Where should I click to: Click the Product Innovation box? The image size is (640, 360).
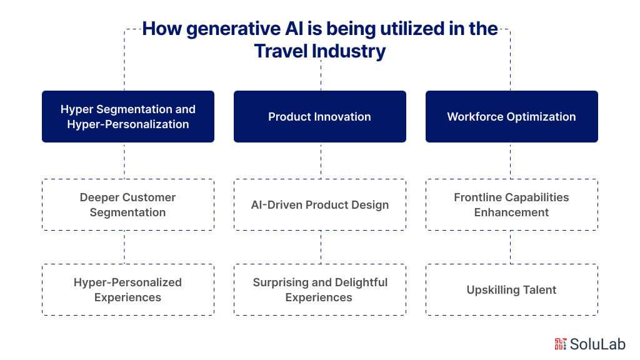pyautogui.click(x=319, y=116)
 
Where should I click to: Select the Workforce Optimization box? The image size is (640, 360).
pyautogui.click(x=511, y=116)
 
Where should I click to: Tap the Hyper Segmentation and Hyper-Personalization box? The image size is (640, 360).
pyautogui.click(x=127, y=116)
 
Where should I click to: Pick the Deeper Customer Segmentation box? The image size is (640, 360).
pyautogui.click(x=127, y=204)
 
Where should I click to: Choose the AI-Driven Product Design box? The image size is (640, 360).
pyautogui.click(x=319, y=204)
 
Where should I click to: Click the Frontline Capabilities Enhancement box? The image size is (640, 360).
pyautogui.click(x=511, y=204)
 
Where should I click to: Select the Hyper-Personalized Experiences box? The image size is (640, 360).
pyautogui.click(x=127, y=290)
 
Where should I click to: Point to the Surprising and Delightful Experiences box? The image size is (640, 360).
pyautogui.click(x=319, y=290)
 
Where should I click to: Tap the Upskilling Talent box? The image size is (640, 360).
pyautogui.click(x=511, y=290)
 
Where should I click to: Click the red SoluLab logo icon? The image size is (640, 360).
pyautogui.click(x=561, y=344)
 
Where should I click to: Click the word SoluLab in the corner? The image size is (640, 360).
pyautogui.click(x=597, y=344)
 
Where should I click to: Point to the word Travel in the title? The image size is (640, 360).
pyautogui.click(x=281, y=51)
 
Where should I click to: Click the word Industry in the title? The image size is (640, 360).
pyautogui.click(x=349, y=51)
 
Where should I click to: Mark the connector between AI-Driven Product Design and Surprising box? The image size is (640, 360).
pyautogui.click(x=321, y=247)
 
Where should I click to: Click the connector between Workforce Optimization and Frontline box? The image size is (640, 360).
pyautogui.click(x=510, y=161)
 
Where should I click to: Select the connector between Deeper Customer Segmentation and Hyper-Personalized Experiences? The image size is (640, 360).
pyautogui.click(x=124, y=247)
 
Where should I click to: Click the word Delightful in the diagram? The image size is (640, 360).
pyautogui.click(x=361, y=282)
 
